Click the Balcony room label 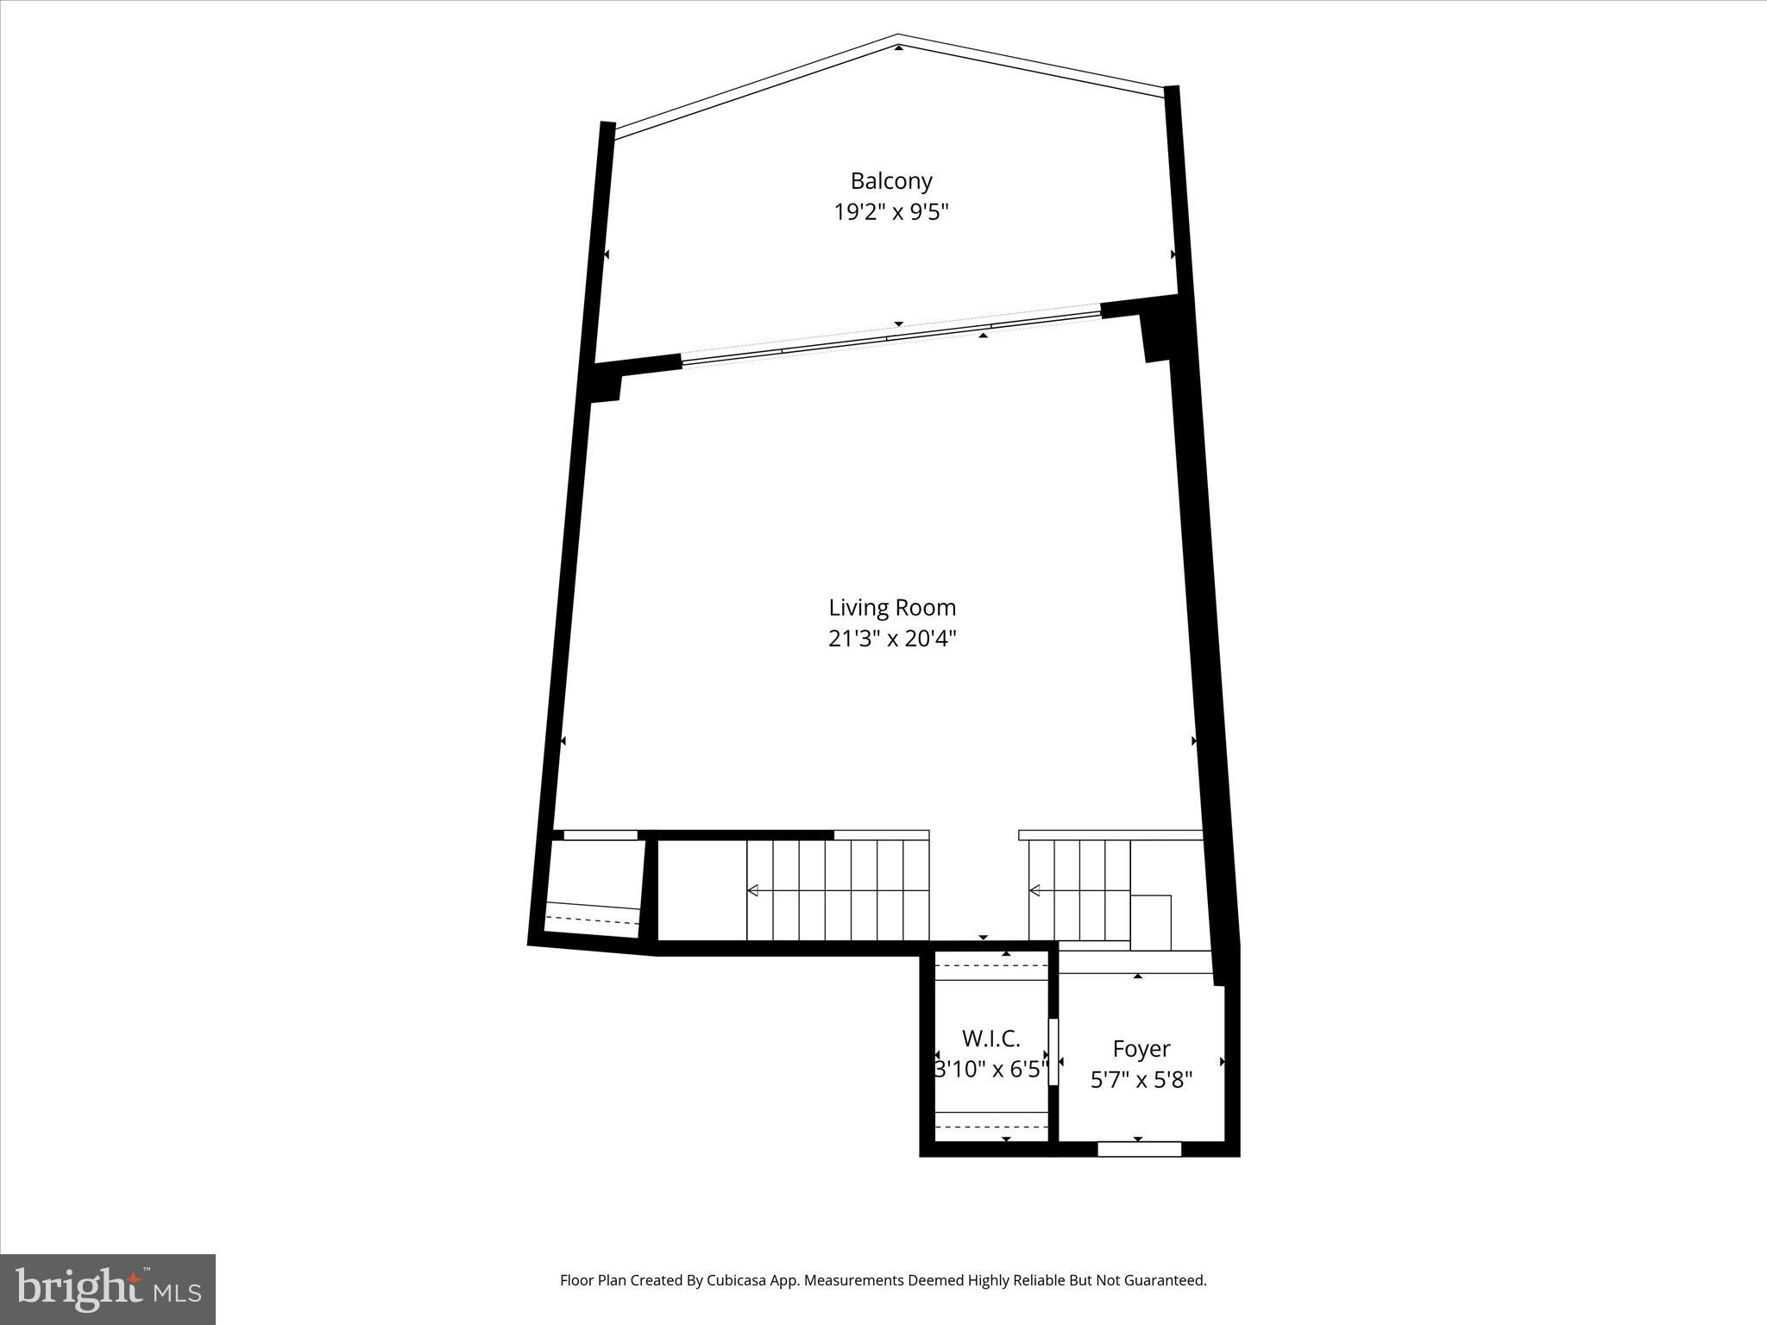click(891, 181)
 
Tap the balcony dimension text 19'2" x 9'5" click(891, 212)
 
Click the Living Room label click(892, 607)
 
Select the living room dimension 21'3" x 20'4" click(892, 639)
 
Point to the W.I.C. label click(991, 1038)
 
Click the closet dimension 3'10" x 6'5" click(991, 1070)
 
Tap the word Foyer click(1141, 1049)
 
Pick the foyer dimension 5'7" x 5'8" click(1141, 1080)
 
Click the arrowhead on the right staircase click(1034, 890)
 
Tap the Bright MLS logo click(108, 1289)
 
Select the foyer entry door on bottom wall click(1139, 1149)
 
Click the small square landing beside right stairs click(1150, 922)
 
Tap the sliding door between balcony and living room click(891, 337)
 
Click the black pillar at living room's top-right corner click(1157, 336)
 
